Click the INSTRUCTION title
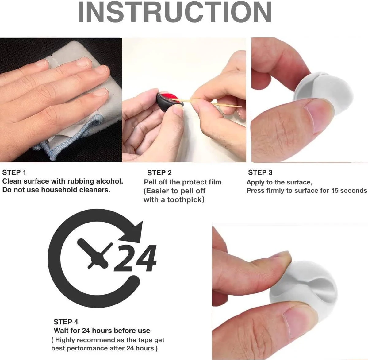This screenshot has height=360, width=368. (x=175, y=12)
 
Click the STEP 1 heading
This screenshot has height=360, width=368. (x=14, y=172)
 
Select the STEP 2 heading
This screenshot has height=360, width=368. (x=159, y=173)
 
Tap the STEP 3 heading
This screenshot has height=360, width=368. (x=260, y=172)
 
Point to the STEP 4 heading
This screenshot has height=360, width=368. (x=66, y=322)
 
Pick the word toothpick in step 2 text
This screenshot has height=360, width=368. (x=184, y=200)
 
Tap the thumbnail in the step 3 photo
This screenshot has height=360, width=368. (x=320, y=116)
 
